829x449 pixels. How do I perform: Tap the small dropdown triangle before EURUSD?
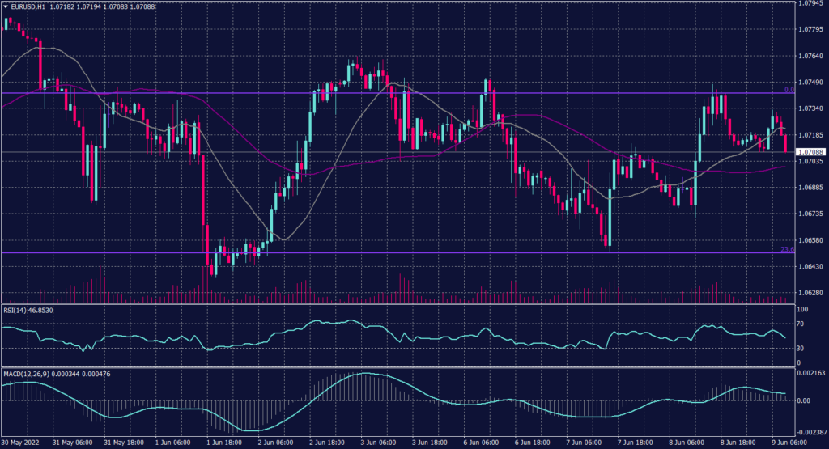point(6,6)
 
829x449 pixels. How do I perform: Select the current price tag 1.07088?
point(810,152)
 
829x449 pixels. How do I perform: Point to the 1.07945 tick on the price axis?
point(811,4)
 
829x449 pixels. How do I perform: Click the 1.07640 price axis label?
point(811,56)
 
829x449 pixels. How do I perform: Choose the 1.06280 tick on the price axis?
point(811,293)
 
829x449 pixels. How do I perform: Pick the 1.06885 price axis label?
point(811,188)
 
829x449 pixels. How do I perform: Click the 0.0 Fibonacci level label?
point(788,89)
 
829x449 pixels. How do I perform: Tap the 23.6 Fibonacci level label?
point(786,249)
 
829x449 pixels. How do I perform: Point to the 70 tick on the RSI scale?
point(801,324)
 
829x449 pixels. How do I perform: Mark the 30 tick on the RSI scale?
point(801,348)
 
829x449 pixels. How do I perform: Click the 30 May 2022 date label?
point(19,444)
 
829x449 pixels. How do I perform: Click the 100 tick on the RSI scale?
point(802,309)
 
